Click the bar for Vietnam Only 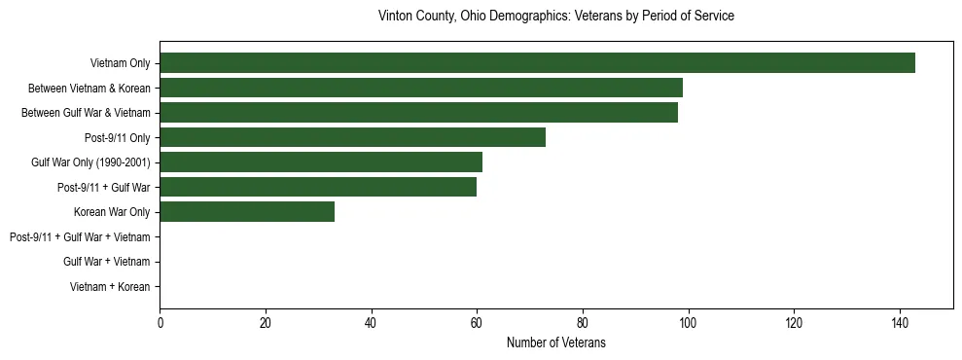click(x=537, y=63)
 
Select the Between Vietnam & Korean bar click(x=421, y=88)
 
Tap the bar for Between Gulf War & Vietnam click(x=418, y=113)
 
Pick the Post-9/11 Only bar click(x=352, y=137)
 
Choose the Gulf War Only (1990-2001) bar click(x=321, y=162)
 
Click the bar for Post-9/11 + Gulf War click(x=318, y=187)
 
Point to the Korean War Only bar click(x=247, y=212)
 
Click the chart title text click(x=555, y=17)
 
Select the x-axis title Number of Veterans click(x=555, y=342)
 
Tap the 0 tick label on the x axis click(x=160, y=323)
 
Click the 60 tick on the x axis click(x=477, y=323)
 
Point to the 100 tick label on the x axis click(x=688, y=323)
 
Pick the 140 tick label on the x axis click(x=899, y=323)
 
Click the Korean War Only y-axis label click(x=112, y=212)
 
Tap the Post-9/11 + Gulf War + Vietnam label click(x=80, y=237)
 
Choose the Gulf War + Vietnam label click(x=106, y=262)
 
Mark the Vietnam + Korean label click(x=110, y=287)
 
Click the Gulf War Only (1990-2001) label click(x=90, y=162)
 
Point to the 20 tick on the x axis click(x=266, y=323)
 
